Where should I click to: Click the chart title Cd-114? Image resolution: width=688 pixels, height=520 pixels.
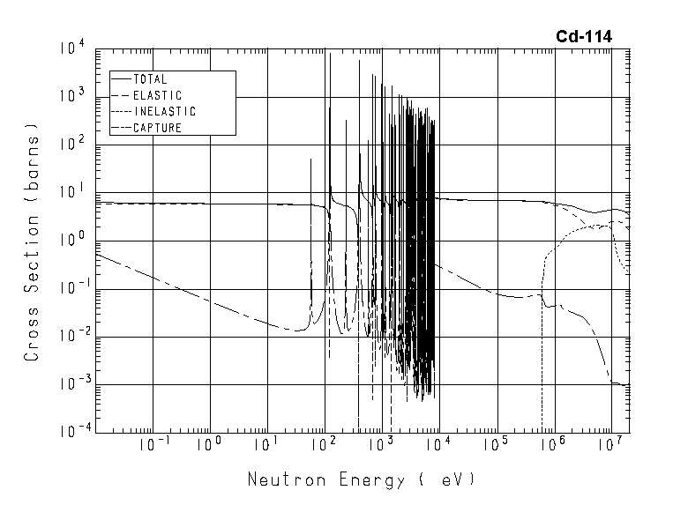pos(583,36)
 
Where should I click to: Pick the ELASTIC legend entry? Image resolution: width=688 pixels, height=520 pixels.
pos(157,95)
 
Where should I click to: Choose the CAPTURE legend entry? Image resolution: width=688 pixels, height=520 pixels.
pos(157,129)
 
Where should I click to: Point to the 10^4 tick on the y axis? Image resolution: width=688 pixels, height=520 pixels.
pos(72,47)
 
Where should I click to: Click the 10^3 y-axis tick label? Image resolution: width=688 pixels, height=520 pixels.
pos(72,94)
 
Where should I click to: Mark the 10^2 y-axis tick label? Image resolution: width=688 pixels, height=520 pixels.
pos(72,143)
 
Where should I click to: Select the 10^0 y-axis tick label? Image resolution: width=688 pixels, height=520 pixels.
pos(72,239)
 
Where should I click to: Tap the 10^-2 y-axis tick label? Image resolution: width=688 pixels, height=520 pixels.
pos(71,335)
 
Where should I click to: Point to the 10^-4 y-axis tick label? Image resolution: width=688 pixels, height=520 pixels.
pos(71,431)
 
